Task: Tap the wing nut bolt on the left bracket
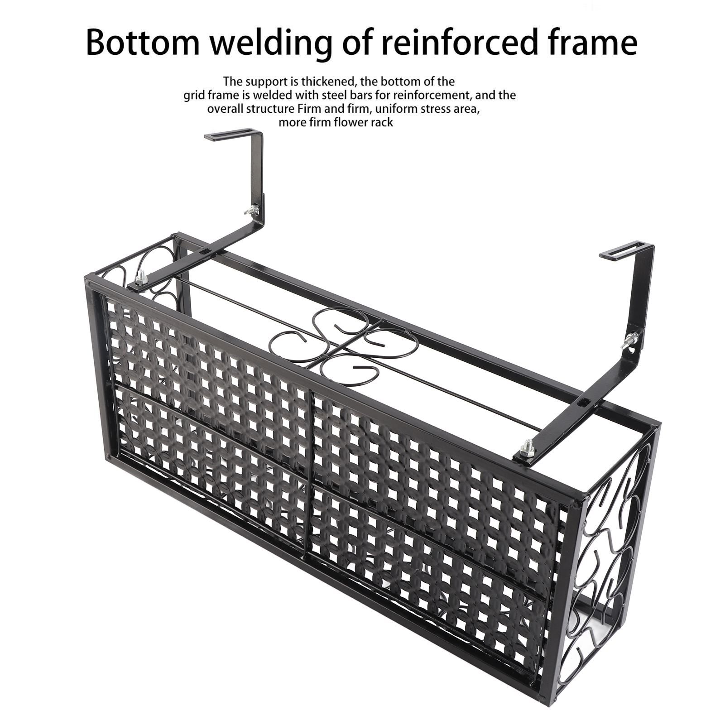[x=251, y=210]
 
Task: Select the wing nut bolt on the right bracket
[x=631, y=339]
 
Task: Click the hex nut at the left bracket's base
[x=141, y=277]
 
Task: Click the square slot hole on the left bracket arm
[x=203, y=250]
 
